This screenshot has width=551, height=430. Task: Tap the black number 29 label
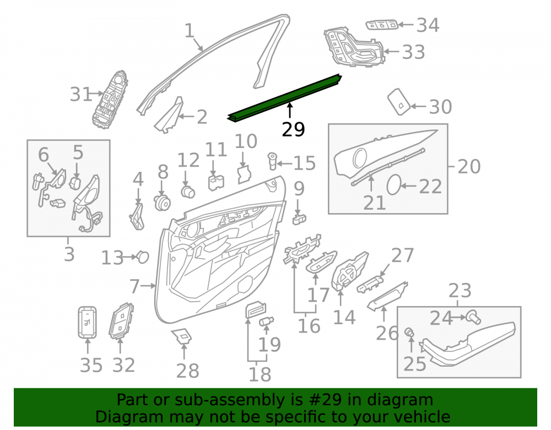click(x=294, y=129)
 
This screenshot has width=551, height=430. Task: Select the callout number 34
click(x=428, y=25)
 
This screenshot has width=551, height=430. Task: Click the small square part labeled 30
click(x=399, y=102)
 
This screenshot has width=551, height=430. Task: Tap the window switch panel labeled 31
click(x=110, y=100)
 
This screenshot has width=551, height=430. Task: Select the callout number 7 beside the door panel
click(x=134, y=286)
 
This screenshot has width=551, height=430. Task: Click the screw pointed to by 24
click(x=473, y=317)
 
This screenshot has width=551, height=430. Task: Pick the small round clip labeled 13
click(x=143, y=257)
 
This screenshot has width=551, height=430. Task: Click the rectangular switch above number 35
click(x=87, y=323)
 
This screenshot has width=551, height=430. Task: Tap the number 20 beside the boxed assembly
click(x=469, y=166)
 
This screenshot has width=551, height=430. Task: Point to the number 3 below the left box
click(x=69, y=254)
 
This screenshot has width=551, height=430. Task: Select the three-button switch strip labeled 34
click(x=382, y=25)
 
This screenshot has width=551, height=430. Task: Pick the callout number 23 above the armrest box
click(x=460, y=291)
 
